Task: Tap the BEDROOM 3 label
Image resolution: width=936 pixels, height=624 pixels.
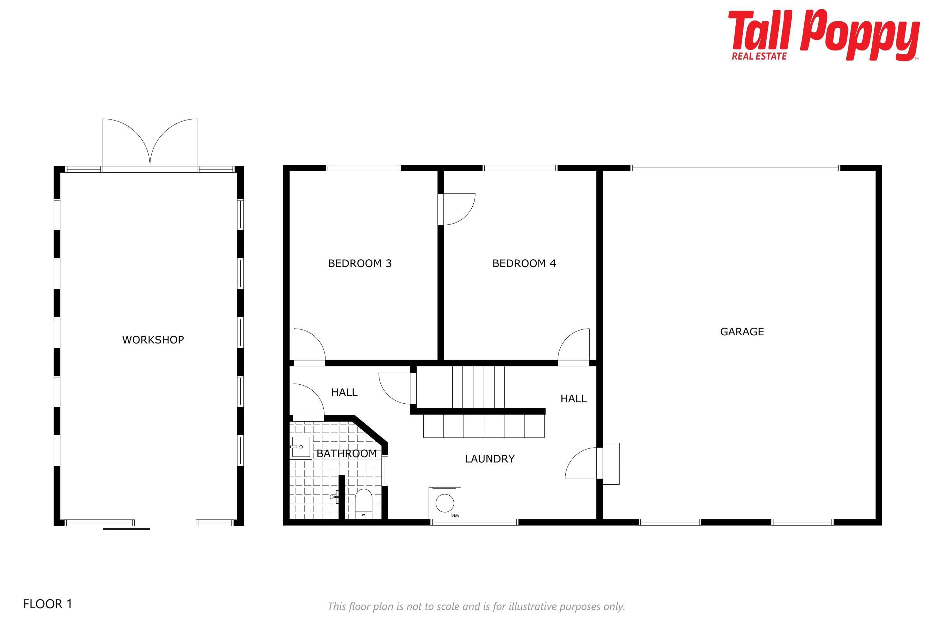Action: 360,263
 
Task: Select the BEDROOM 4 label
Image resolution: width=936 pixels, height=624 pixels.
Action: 524,263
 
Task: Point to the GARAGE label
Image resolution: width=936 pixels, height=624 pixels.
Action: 742,332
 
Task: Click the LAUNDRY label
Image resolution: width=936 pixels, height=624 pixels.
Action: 490,459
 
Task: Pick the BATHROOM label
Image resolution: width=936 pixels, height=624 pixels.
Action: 347,454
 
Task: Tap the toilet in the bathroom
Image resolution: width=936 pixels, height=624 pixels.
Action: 363,504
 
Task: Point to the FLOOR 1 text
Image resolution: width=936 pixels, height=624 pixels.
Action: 48,604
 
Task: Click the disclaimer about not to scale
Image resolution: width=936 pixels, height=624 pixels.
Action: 476,606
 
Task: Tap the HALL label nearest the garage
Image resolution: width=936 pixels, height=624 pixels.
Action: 574,399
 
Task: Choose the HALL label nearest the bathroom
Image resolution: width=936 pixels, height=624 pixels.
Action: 344,392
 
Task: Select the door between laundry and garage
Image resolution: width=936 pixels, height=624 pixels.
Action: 592,463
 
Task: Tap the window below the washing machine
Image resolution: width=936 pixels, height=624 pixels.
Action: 474,522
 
